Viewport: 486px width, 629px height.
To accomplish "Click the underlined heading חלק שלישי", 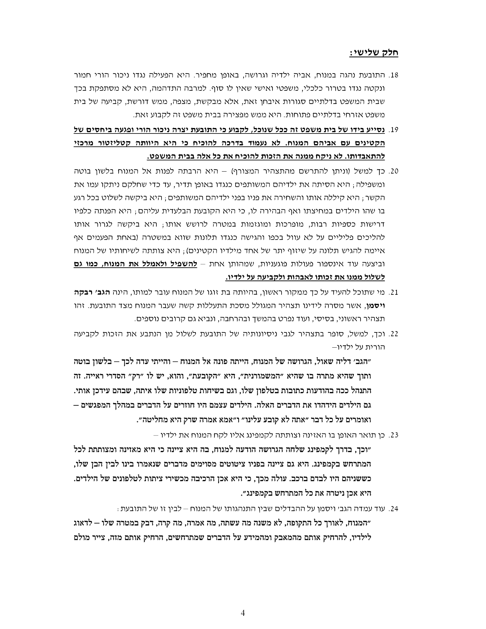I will click(374, 53).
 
